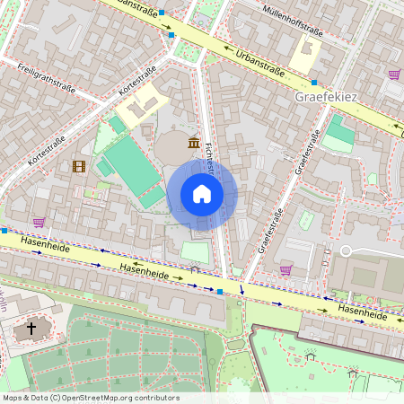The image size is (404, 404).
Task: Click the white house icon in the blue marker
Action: point(202,194)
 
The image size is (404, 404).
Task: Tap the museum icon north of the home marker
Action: point(194,142)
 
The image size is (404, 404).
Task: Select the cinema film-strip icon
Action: point(78,166)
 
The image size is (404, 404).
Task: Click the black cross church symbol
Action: point(31,329)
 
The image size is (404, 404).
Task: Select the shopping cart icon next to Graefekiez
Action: point(393,75)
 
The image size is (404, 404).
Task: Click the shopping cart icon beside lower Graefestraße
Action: point(285,268)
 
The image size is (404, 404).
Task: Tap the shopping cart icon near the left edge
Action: point(39,222)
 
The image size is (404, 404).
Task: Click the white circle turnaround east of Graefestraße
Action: point(346,250)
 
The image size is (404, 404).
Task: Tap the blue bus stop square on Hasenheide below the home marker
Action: point(220,291)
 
